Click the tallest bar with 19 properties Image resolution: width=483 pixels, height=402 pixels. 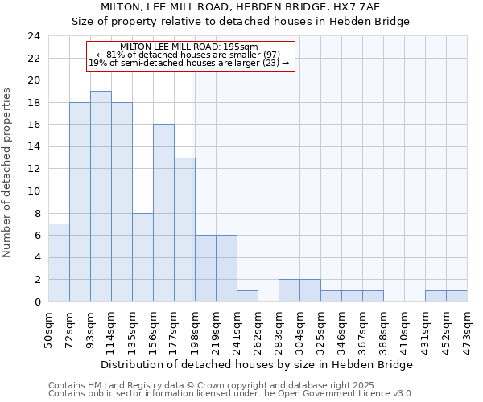click(101, 196)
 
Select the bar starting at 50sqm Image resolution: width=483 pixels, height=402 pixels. click(59, 263)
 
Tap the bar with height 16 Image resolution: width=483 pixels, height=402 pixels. click(163, 213)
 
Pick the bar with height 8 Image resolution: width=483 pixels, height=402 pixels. click(142, 257)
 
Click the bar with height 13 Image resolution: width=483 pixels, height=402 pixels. click(184, 230)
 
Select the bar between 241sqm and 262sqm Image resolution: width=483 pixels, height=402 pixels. click(247, 296)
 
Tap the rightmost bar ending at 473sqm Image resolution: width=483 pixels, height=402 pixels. click(456, 296)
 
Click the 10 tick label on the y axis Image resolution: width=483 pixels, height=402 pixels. click(33, 191)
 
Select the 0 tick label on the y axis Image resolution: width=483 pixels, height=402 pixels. click(36, 302)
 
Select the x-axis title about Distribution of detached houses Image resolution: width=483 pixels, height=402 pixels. click(258, 364)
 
